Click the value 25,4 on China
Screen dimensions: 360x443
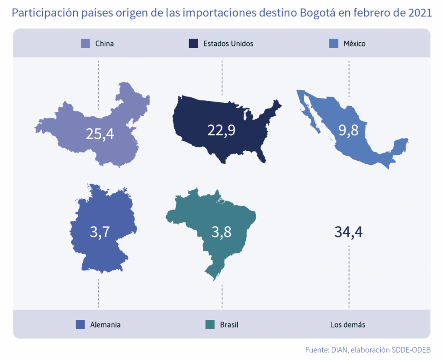[x=100, y=134]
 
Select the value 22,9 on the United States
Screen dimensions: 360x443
[x=221, y=130]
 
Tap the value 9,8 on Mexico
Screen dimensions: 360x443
[x=348, y=130]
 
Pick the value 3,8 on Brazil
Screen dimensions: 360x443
[x=221, y=232]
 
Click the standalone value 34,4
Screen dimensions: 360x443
[x=348, y=232]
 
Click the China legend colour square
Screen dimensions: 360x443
[x=85, y=43]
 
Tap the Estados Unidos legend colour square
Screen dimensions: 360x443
[x=193, y=43]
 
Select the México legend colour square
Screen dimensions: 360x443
[x=334, y=43]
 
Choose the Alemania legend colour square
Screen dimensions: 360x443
[x=80, y=325]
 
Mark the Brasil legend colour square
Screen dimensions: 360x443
[x=210, y=325]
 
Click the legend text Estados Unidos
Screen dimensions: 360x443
[x=228, y=44]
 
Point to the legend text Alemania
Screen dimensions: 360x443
[x=106, y=325]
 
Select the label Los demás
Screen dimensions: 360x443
[x=348, y=325]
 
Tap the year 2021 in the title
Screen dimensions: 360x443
[x=420, y=13]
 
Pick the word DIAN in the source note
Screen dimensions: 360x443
[x=339, y=350]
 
